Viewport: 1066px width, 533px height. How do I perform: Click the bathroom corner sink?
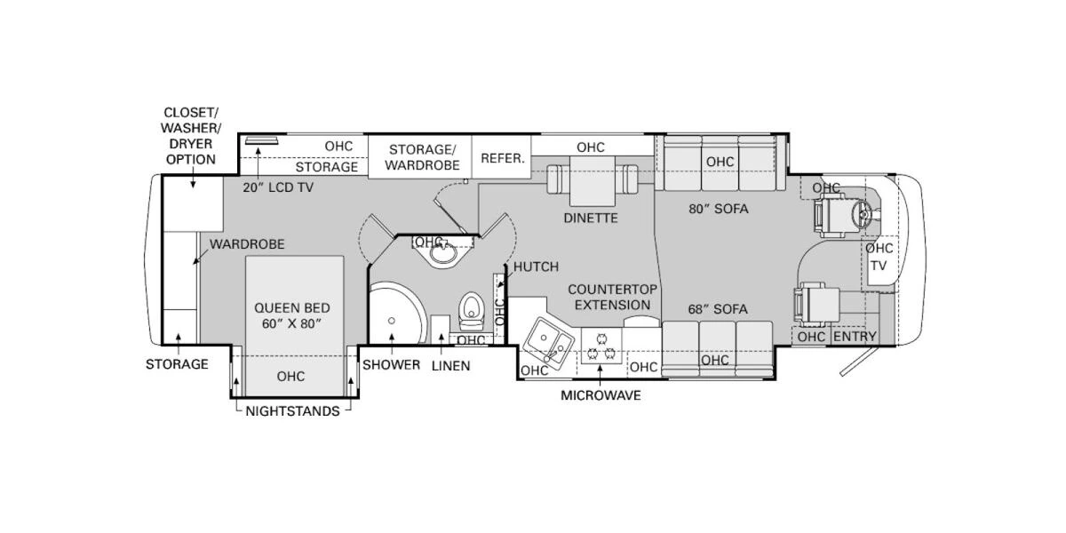tap(440, 255)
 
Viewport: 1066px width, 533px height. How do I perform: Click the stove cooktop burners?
tap(603, 346)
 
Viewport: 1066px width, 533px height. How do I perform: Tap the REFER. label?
tap(503, 158)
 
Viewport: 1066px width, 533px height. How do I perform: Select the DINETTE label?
tap(590, 218)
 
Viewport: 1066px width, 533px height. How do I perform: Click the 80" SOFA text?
tap(718, 209)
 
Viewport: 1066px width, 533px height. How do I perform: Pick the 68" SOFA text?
tap(717, 309)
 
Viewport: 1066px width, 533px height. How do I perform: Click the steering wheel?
tap(860, 213)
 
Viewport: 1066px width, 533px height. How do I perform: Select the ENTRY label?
tap(855, 336)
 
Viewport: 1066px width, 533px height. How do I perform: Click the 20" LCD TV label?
tap(278, 187)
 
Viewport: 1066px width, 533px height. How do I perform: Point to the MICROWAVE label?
tap(600, 395)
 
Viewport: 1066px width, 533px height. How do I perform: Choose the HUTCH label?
tap(536, 266)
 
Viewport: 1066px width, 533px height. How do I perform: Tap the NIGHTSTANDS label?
tap(292, 411)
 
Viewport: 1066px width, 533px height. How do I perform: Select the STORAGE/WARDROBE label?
tap(424, 156)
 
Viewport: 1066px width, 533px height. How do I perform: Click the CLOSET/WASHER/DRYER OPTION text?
tap(190, 136)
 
